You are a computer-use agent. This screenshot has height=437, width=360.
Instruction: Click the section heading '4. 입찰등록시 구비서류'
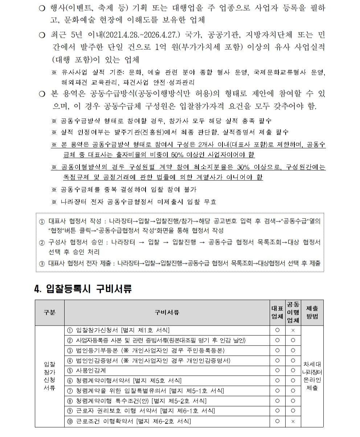(x=83, y=289)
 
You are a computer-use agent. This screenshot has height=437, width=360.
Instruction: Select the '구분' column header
(x=49, y=313)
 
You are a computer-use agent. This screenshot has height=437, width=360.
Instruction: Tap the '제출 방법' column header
(x=312, y=313)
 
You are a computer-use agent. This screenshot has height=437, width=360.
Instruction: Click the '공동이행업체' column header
(x=293, y=313)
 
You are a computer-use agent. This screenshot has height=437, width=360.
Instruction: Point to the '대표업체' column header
(x=277, y=313)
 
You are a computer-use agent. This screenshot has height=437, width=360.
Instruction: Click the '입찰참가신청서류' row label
(x=49, y=376)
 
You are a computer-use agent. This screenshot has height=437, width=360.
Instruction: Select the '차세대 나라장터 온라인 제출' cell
(x=312, y=376)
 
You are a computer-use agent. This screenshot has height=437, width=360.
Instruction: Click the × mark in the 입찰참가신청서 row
(x=293, y=330)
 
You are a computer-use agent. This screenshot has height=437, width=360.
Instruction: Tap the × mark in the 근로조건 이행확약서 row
(x=293, y=421)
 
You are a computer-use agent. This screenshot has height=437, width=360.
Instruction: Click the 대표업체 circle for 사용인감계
(x=277, y=371)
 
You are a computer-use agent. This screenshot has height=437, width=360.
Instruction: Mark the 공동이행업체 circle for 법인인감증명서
(x=293, y=360)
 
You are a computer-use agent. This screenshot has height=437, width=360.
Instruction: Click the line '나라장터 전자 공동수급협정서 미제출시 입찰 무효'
(x=139, y=201)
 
